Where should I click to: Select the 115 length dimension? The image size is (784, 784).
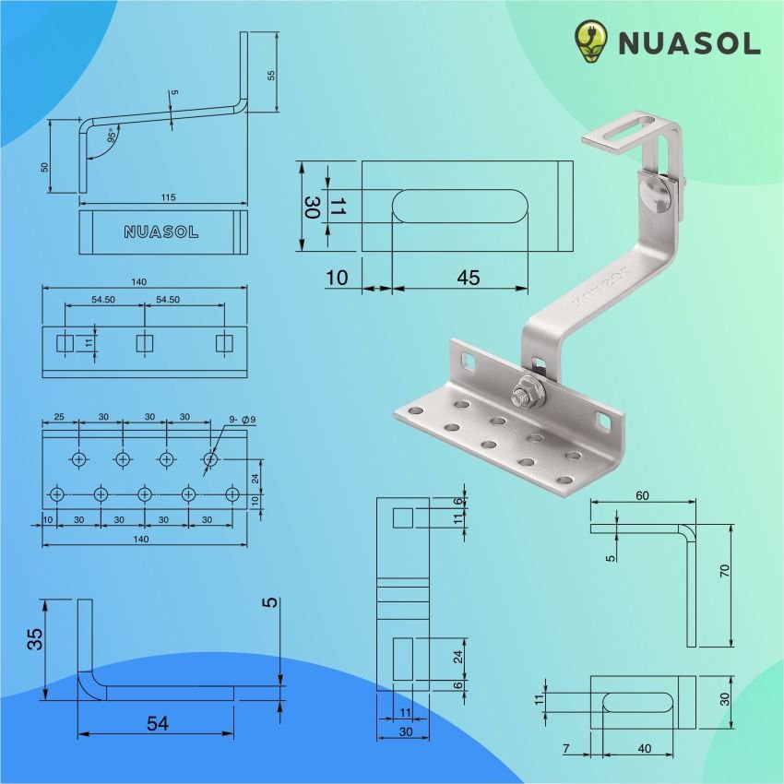click(167, 197)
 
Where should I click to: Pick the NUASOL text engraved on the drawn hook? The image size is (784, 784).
click(161, 232)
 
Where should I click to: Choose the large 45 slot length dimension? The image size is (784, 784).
click(468, 278)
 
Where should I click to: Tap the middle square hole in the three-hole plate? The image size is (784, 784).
click(145, 344)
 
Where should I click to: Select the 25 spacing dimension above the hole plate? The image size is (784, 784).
click(59, 417)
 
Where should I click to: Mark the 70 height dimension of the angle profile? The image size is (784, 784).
click(725, 572)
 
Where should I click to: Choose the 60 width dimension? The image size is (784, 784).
click(642, 496)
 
